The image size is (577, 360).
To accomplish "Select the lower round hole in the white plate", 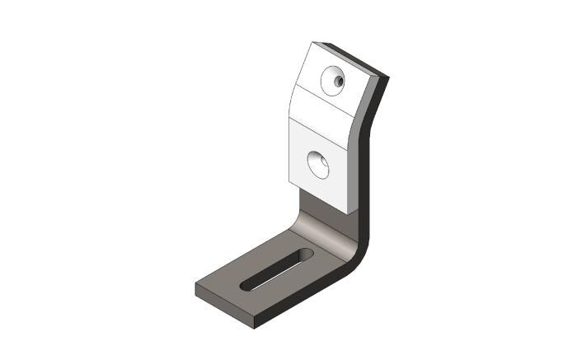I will [318, 164].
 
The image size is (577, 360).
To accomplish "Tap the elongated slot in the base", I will [277, 269].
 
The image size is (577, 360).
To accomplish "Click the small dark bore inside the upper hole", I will [338, 82].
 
